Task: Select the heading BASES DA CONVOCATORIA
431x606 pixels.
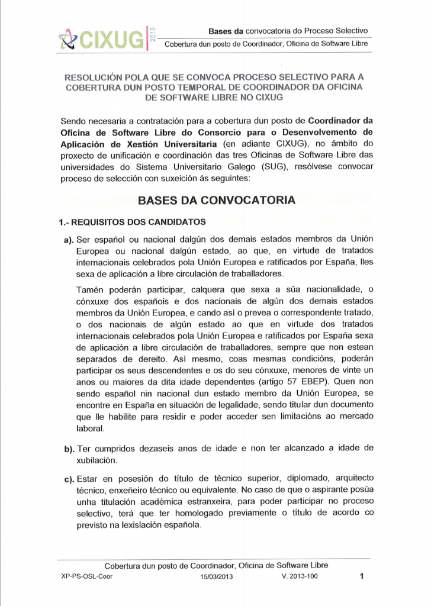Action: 216,200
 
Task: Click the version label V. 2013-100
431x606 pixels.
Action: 300,576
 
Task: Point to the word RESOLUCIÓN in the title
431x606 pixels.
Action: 102,77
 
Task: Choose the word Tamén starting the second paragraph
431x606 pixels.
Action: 92,289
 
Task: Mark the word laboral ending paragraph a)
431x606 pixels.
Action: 91,429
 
